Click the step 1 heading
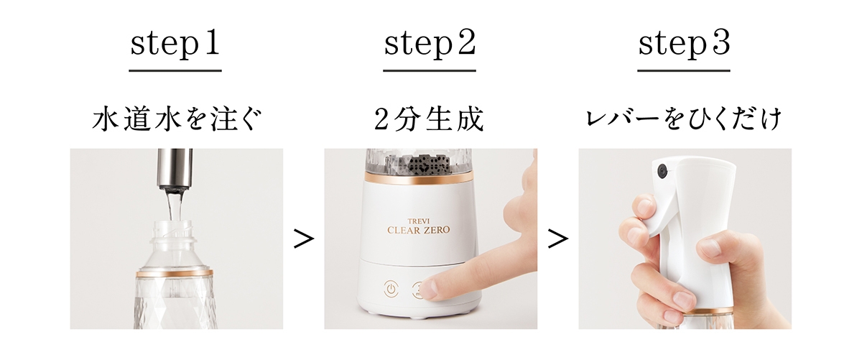point(175,45)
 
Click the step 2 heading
point(429,45)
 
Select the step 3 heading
point(684,45)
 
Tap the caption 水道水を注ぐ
point(175,120)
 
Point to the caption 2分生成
point(429,120)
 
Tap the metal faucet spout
point(175,167)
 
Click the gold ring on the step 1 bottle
point(175,274)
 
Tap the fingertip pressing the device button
point(430,289)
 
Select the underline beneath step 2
point(429,70)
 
